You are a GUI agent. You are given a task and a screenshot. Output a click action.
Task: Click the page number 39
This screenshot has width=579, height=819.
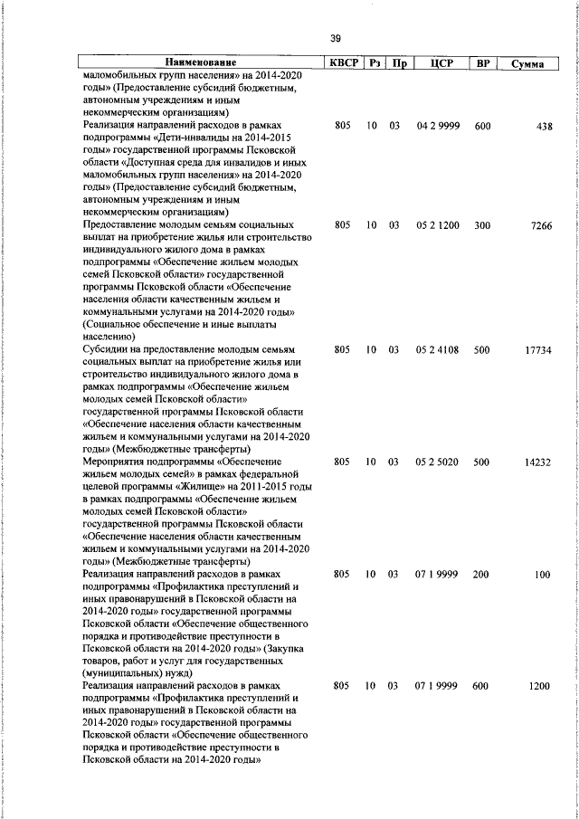[x=336, y=38]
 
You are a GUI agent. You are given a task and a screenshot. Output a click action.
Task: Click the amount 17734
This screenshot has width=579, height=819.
[x=538, y=349]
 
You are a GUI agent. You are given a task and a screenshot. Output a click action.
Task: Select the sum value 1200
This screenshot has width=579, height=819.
[x=540, y=687]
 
